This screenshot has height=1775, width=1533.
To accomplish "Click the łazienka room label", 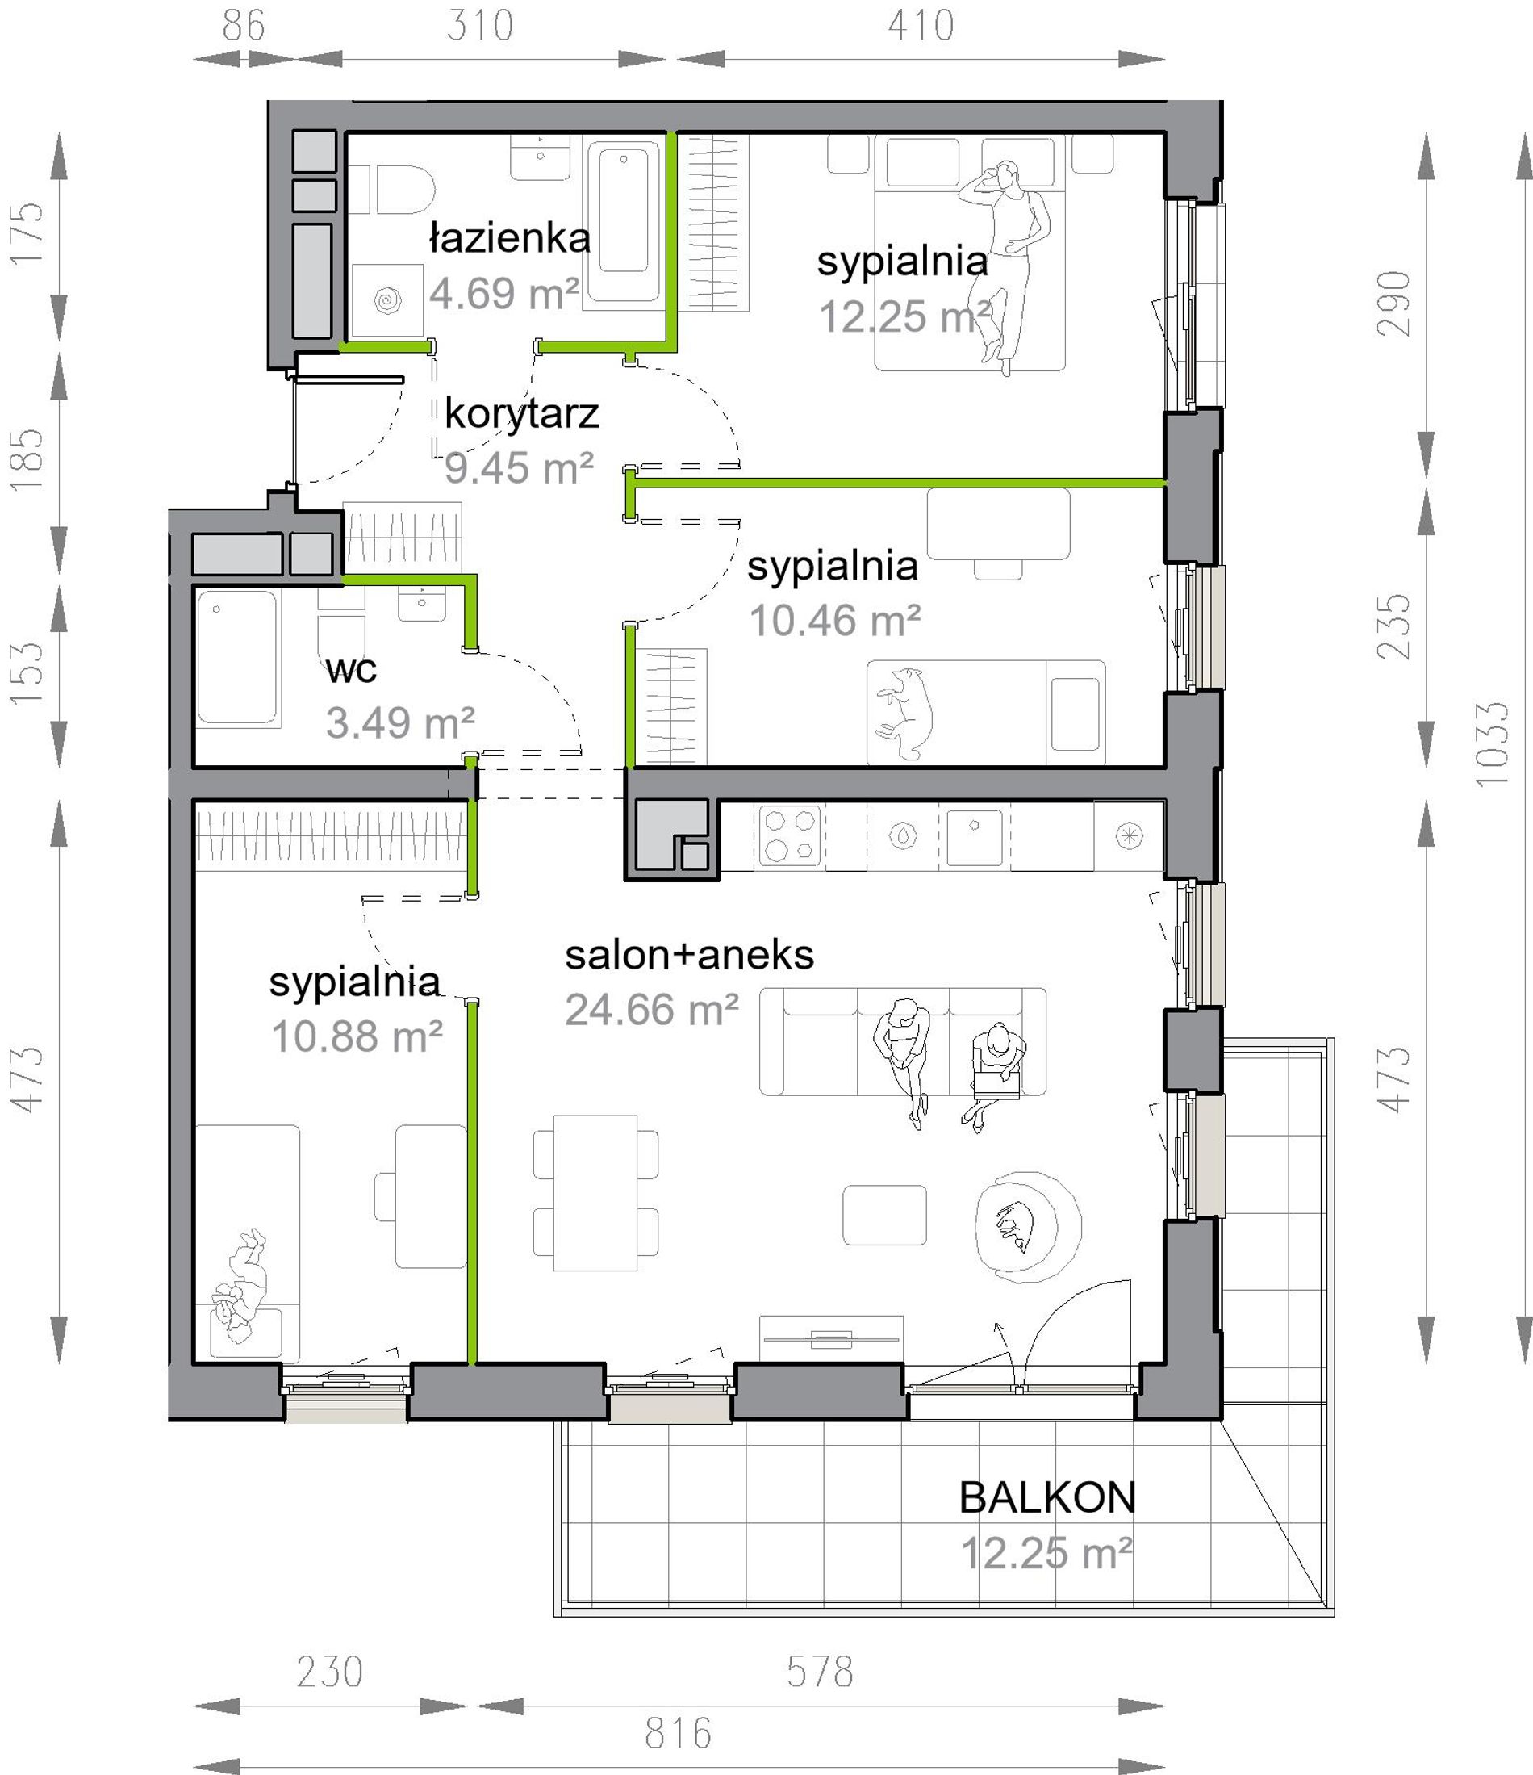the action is [510, 239].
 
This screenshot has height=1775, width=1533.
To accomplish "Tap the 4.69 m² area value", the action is [503, 294].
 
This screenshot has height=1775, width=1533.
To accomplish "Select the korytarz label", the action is [521, 415].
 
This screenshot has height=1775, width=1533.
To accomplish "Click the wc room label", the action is [351, 670].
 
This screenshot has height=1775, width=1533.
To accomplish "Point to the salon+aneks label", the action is [689, 955].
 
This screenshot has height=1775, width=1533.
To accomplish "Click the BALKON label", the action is [1046, 1498].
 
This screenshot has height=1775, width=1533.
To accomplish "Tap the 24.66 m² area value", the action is [652, 1010].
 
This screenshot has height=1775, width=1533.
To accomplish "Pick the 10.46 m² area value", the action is [835, 620].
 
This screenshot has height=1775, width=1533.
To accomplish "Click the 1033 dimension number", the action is [1491, 743].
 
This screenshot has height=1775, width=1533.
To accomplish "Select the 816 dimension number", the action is [679, 1733].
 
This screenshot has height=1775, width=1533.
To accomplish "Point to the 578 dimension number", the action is [820, 1672].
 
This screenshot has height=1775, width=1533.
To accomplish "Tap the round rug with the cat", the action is [1028, 1227].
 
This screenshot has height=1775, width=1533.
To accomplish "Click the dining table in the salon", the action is [595, 1193].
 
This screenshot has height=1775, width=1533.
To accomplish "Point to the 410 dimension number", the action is [921, 26].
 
